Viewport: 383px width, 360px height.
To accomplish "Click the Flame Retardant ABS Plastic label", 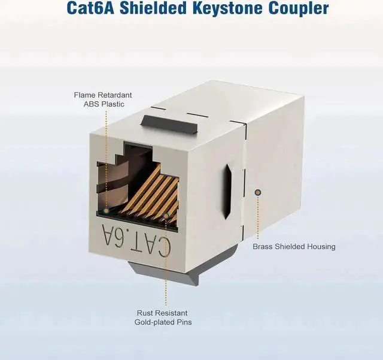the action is pyautogui.click(x=103, y=99).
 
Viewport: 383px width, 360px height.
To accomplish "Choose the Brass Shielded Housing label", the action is pyautogui.click(x=294, y=246).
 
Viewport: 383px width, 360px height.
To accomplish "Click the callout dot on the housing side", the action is pyautogui.click(x=258, y=192).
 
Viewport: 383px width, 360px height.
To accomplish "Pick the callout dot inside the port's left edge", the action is pyautogui.click(x=107, y=211).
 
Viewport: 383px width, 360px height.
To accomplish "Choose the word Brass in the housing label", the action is pyautogui.click(x=263, y=246).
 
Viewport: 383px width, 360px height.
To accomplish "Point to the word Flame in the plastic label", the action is pyautogui.click(x=85, y=95).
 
